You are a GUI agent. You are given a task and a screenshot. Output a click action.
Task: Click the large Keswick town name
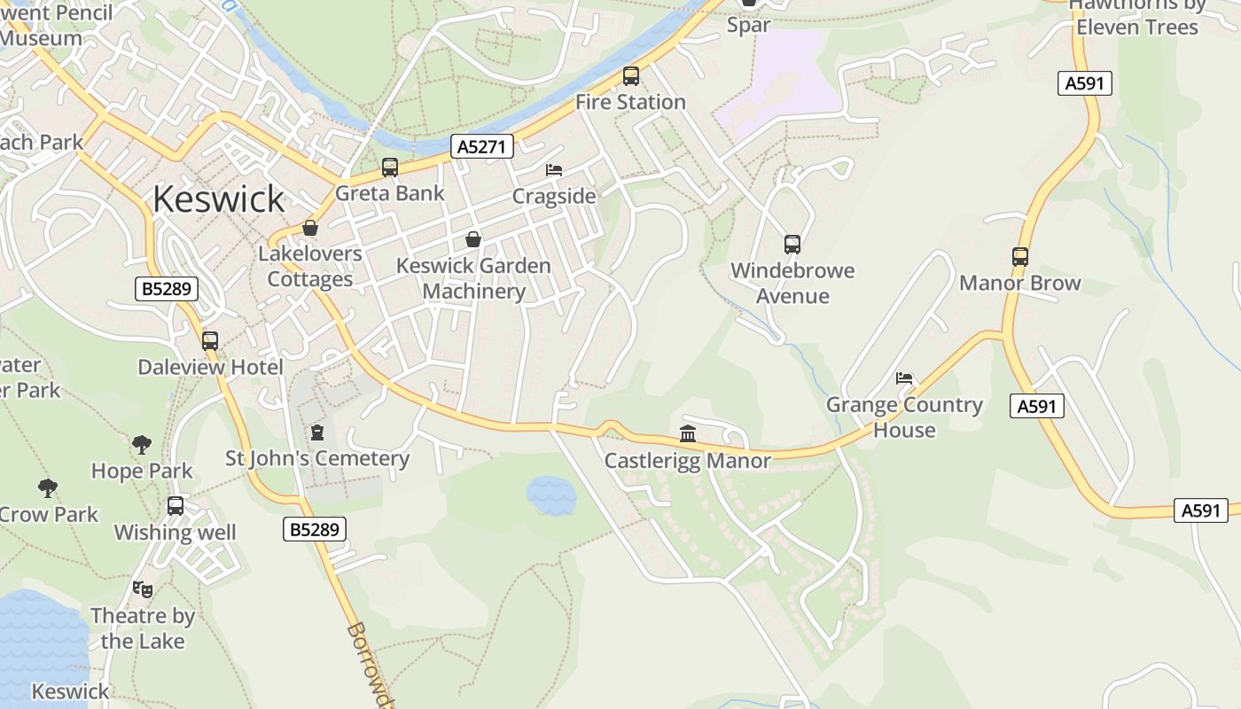218,199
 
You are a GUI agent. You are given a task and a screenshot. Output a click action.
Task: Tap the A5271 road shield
482,146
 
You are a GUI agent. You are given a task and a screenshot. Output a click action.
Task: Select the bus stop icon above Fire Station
630,76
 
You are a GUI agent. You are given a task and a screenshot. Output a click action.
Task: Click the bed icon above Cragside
554,169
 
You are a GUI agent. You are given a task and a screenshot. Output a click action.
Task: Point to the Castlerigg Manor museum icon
688,433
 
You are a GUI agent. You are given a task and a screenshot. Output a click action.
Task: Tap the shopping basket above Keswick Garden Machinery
473,239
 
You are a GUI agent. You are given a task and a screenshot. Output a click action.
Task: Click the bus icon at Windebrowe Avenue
792,245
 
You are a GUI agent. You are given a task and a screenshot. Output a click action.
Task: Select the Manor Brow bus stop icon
1019,257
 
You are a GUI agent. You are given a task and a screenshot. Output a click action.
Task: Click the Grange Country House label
904,417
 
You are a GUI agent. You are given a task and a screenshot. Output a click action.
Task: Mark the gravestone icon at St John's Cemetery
317,432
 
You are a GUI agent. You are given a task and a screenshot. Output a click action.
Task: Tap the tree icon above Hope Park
141,444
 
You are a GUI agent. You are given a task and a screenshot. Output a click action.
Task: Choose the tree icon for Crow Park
48,487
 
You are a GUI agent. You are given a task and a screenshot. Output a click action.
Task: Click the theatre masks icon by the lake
142,588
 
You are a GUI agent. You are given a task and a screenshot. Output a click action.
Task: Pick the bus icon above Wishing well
176,506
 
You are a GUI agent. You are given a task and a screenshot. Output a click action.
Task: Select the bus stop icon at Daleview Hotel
210,341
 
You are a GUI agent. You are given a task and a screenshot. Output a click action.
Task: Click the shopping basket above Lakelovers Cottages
310,228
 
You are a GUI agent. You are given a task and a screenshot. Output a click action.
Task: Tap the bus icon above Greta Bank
389,167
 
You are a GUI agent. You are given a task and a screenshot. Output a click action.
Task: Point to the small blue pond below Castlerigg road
551,495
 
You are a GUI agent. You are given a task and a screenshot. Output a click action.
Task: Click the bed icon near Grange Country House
904,378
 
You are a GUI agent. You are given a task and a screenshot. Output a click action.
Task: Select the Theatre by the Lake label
142,628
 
